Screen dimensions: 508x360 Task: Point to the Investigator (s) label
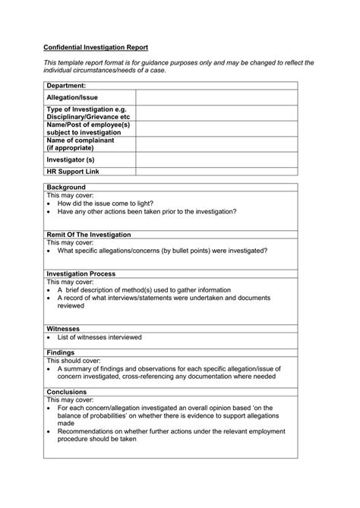(71, 159)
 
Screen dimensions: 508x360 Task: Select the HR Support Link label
(73, 172)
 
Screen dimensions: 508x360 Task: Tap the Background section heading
(66, 187)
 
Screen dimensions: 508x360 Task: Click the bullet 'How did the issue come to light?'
(110, 204)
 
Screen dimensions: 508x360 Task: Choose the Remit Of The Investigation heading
(94, 235)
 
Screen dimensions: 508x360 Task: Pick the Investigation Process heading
(81, 273)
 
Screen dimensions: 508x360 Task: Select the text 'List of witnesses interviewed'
(99, 337)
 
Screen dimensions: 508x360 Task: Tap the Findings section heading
(62, 352)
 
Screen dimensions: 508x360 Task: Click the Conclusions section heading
(68, 392)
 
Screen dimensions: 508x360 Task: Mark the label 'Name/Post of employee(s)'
(88, 125)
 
